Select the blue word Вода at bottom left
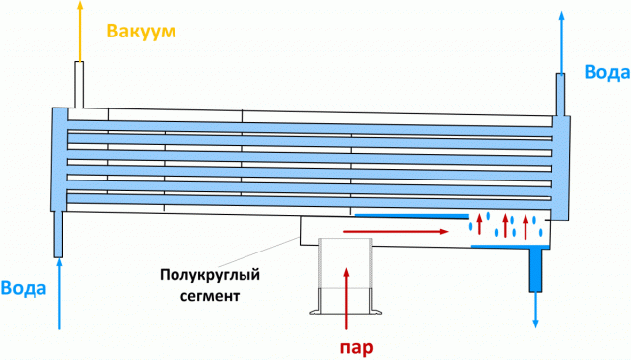(x=21, y=288)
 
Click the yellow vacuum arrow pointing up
(x=76, y=30)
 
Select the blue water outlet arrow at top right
(x=562, y=39)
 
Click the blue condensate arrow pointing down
(x=536, y=311)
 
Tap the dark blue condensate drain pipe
(x=535, y=269)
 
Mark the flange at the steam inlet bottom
(x=345, y=315)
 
